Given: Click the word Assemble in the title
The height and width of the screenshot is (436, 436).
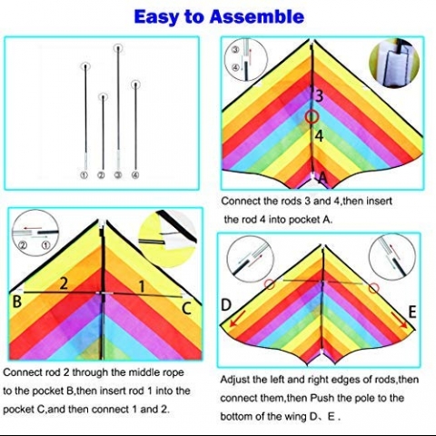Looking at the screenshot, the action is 257,16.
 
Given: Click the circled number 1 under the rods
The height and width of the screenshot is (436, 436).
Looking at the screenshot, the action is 84,175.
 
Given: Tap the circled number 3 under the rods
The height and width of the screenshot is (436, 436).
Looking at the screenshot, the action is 118,175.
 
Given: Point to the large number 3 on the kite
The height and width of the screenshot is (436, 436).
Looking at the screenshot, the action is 319,96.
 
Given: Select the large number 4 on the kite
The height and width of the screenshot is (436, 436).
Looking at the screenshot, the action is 319,136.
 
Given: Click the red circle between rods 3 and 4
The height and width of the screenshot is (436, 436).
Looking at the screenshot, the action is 312,117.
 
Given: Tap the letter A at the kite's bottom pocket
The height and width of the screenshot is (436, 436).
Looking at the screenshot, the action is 322,178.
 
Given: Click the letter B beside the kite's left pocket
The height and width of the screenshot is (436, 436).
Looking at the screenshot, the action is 17,302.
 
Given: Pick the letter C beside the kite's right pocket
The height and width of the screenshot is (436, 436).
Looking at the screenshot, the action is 186,308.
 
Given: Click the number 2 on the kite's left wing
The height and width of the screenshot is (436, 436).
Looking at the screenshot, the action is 64,283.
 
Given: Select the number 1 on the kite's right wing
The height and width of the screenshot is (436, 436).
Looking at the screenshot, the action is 141,286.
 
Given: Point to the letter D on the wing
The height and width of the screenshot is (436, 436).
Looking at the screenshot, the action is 226,305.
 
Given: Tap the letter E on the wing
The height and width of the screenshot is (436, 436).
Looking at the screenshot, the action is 412,312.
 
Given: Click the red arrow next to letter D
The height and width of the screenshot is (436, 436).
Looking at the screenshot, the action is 237,321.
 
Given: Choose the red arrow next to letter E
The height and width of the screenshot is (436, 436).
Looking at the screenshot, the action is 400,321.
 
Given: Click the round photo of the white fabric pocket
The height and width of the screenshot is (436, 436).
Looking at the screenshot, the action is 394,63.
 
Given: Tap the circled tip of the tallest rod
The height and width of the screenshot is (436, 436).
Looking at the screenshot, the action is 118,48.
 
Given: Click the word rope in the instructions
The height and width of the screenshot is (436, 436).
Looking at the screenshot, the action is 173,372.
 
